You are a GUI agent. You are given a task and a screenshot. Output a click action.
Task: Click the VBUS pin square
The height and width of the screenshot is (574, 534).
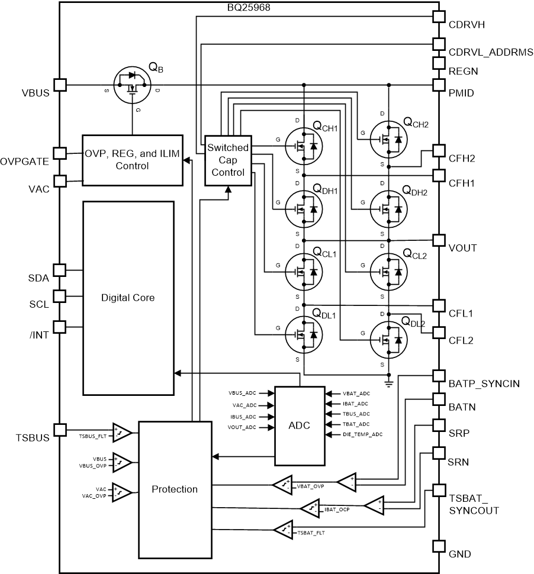(60, 85)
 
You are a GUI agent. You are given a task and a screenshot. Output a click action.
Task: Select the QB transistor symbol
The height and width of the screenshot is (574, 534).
(132, 85)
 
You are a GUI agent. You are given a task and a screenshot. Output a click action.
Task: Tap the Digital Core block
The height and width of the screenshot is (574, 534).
(128, 298)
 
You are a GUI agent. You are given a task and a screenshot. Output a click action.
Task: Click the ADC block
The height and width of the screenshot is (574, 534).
(300, 426)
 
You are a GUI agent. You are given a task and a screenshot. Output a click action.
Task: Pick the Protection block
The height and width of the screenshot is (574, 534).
(175, 489)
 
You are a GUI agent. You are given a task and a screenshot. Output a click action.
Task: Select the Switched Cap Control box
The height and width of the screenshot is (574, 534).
(228, 160)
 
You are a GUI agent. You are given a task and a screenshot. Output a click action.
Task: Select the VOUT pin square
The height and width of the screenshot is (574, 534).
(439, 240)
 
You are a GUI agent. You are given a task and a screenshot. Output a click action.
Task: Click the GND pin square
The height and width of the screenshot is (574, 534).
(439, 546)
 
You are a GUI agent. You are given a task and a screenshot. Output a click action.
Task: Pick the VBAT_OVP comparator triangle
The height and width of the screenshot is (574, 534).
(282, 485)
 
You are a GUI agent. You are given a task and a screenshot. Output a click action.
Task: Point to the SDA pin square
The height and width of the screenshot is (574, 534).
(60, 270)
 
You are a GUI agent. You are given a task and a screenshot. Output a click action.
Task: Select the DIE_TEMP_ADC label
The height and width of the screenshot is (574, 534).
(362, 434)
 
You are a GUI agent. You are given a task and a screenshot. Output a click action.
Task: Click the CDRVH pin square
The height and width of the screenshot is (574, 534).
(439, 17)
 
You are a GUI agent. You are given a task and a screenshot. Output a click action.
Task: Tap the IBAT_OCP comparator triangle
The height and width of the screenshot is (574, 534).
(310, 508)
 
